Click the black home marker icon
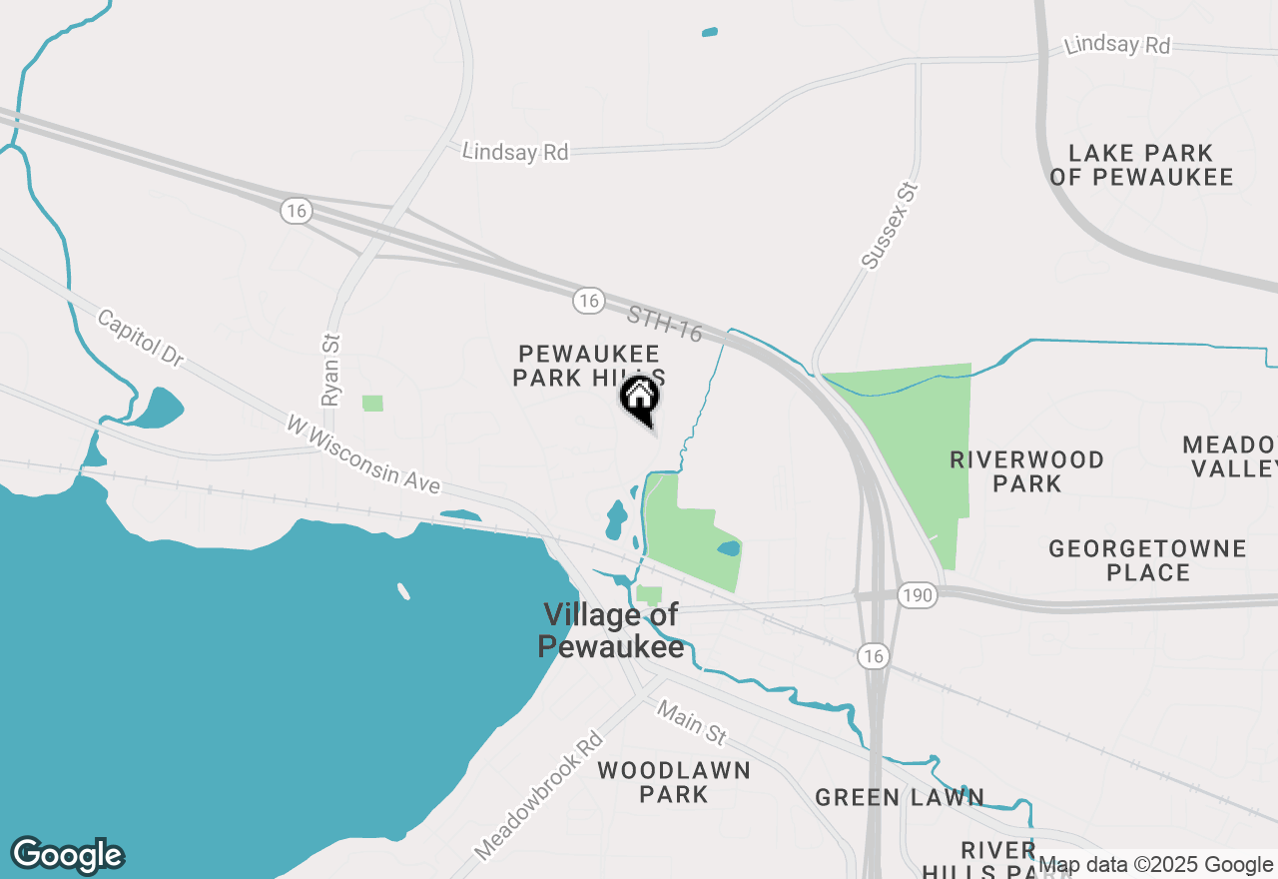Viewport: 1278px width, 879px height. [640, 397]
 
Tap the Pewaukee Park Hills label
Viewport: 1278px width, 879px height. [588, 366]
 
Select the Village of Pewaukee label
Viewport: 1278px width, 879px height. [611, 630]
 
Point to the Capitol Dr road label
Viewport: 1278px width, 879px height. [141, 337]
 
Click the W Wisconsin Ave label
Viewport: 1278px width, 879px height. [362, 454]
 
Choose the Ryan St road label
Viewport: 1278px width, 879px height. [331, 370]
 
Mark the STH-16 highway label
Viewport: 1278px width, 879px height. [665, 325]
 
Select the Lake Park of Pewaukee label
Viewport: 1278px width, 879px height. [1141, 166]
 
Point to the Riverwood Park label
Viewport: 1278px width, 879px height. [1027, 471]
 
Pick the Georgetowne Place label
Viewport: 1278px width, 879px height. [1147, 560]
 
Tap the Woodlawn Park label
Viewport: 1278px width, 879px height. [674, 782]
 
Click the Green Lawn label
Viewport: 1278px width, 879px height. [900, 797]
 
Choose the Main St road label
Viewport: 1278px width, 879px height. [690, 721]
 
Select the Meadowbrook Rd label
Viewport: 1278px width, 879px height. [540, 796]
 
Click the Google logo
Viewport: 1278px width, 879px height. [67, 855]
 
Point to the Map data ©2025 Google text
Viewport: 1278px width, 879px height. [1155, 865]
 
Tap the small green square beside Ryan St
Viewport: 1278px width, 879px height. [372, 404]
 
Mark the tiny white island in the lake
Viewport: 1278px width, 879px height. [403, 591]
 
